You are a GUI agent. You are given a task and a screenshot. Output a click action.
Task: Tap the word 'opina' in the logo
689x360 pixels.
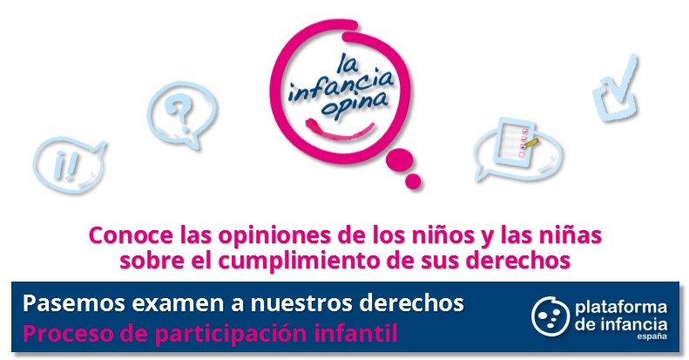[x=355, y=106]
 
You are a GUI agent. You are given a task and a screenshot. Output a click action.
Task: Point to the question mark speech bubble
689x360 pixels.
[x=182, y=114]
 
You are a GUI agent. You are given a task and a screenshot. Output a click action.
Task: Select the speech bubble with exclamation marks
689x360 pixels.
[x=70, y=166]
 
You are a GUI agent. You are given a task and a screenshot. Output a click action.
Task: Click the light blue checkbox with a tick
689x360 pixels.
[x=616, y=90]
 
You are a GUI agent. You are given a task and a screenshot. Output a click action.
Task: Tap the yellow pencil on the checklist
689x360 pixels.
[x=530, y=143]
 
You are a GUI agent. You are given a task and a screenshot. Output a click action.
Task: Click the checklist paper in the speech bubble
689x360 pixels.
[x=515, y=141]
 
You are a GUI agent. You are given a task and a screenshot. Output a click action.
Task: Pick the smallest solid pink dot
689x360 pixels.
[x=413, y=181]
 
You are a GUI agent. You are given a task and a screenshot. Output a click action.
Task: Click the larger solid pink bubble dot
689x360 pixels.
[x=399, y=160]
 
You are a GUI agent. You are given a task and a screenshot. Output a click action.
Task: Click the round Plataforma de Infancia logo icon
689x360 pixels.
[x=551, y=316]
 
